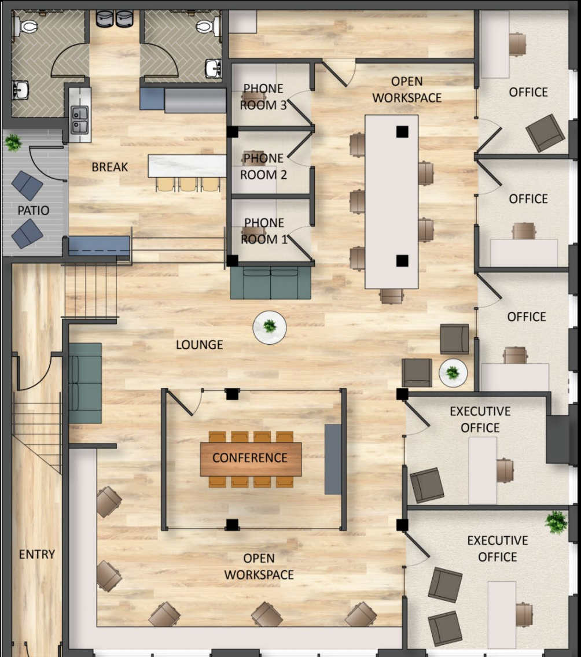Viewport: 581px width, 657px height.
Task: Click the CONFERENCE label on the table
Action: (250, 457)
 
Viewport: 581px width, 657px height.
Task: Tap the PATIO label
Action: (33, 211)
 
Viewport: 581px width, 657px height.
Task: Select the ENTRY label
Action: (37, 554)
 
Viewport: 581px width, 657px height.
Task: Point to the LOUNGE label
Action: (199, 345)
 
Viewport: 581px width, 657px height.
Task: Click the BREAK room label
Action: (109, 167)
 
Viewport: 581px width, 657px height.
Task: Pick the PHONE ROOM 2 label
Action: (263, 167)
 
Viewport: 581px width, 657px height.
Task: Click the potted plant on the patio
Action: (13, 143)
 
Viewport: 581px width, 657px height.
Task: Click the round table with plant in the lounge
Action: (270, 327)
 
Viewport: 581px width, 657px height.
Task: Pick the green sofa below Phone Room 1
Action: (271, 282)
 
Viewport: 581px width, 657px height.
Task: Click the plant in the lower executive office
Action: (556, 522)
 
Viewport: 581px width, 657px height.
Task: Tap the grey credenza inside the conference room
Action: (333, 459)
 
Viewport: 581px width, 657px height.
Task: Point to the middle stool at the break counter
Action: (188, 184)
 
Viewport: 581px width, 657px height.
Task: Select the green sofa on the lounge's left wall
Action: (86, 383)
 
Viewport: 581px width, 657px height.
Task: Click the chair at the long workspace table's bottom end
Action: (392, 296)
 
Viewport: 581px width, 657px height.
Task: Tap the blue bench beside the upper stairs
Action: (100, 246)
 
